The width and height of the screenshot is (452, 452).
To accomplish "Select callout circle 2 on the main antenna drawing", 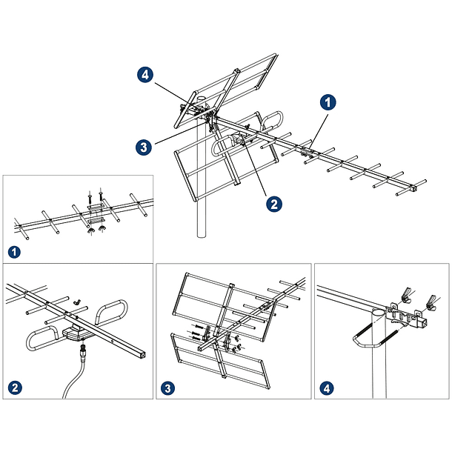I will pyautogui.click(x=273, y=203).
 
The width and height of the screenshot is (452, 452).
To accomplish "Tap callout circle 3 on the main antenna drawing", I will pyautogui.click(x=145, y=147).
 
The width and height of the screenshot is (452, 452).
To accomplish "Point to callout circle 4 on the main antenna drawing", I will pyautogui.click(x=145, y=74).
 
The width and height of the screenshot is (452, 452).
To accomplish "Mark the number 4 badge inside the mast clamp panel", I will pyautogui.click(x=328, y=387).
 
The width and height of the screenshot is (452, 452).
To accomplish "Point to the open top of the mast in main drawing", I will pyautogui.click(x=201, y=96).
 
